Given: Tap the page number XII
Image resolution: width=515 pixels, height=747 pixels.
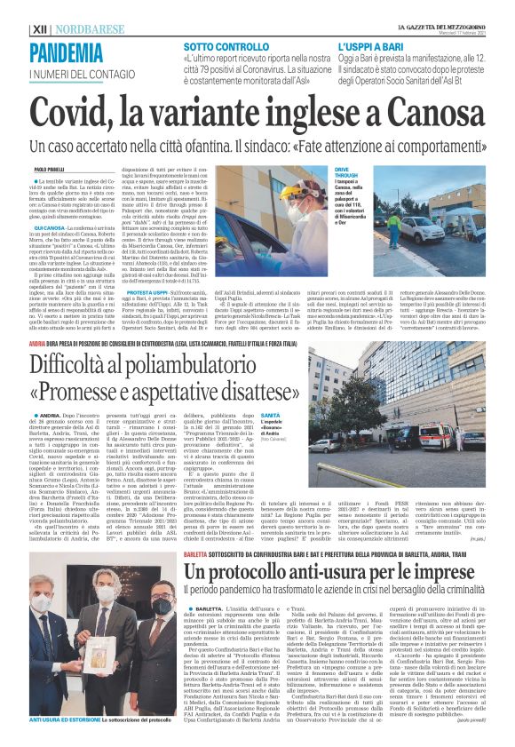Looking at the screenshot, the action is coord(40,28).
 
